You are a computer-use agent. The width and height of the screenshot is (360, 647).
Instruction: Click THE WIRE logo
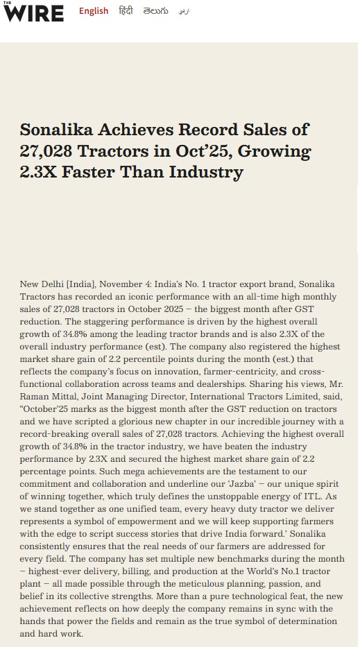34,12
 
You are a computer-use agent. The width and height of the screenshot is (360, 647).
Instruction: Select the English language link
94,11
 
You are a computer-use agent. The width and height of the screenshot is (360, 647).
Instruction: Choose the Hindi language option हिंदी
126,11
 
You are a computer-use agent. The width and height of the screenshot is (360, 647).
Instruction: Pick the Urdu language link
183,11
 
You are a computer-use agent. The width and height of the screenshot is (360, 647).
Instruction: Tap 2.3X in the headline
39,171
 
